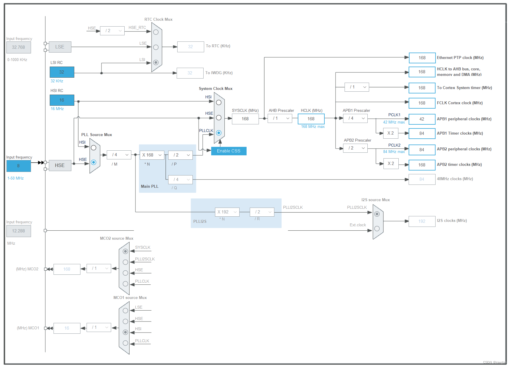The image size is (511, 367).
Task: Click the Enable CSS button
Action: tap(228, 151)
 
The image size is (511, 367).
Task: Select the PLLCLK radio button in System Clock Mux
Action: tap(218, 133)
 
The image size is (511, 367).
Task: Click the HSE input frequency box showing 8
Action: tap(18, 166)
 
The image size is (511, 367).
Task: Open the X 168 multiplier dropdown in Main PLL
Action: tap(152, 155)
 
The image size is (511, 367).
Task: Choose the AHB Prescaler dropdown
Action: tap(280, 118)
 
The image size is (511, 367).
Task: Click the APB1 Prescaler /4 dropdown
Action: tap(355, 118)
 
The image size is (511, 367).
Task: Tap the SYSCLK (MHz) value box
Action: tap(245, 119)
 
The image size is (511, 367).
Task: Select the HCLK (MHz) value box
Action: tap(311, 119)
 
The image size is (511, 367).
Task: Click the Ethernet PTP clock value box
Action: tap(422, 58)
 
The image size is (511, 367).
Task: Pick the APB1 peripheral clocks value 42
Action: tap(422, 119)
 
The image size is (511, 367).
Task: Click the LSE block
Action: tap(60, 47)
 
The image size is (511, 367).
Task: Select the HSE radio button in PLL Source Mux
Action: tap(94, 162)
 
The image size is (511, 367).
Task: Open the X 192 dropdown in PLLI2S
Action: tap(227, 212)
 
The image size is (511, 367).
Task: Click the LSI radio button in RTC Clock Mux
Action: tap(156, 62)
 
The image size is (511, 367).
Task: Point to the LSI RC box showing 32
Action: tap(62, 72)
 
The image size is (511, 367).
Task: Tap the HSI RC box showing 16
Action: tap(62, 100)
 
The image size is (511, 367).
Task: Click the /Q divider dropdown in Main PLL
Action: tap(180, 180)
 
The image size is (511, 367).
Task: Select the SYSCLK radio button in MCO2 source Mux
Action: tap(125, 251)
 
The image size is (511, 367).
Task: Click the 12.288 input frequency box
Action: tap(18, 231)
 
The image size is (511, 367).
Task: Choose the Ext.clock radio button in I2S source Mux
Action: tap(377, 229)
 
